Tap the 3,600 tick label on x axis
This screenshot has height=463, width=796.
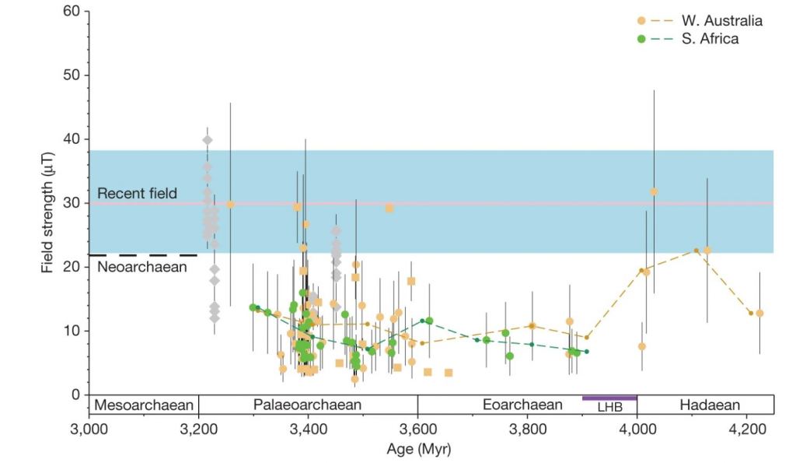pyautogui.click(x=417, y=433)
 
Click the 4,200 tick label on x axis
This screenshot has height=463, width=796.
pyautogui.click(x=746, y=433)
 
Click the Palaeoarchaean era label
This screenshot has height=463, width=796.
pyautogui.click(x=308, y=405)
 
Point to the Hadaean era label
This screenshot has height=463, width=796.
pyautogui.click(x=709, y=405)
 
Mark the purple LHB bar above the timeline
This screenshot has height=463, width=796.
pyautogui.click(x=609, y=398)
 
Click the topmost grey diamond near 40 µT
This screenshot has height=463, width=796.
pyautogui.click(x=208, y=140)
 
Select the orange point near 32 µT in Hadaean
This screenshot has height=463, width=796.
pyautogui.click(x=654, y=191)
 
